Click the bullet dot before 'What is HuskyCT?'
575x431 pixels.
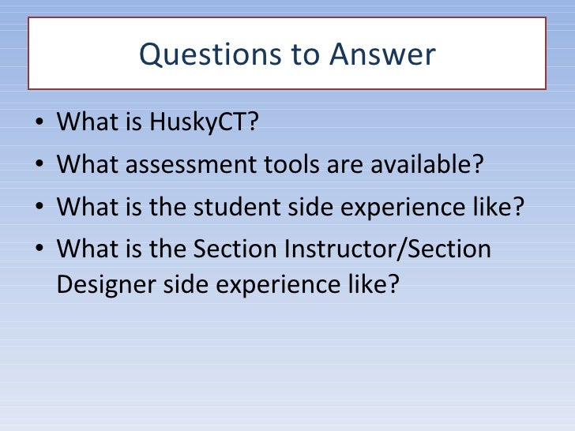click(40, 124)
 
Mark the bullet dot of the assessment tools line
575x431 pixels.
click(40, 166)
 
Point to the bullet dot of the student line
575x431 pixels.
click(40, 208)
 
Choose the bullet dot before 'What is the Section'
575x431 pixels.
click(40, 250)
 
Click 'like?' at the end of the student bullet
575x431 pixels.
click(499, 208)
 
